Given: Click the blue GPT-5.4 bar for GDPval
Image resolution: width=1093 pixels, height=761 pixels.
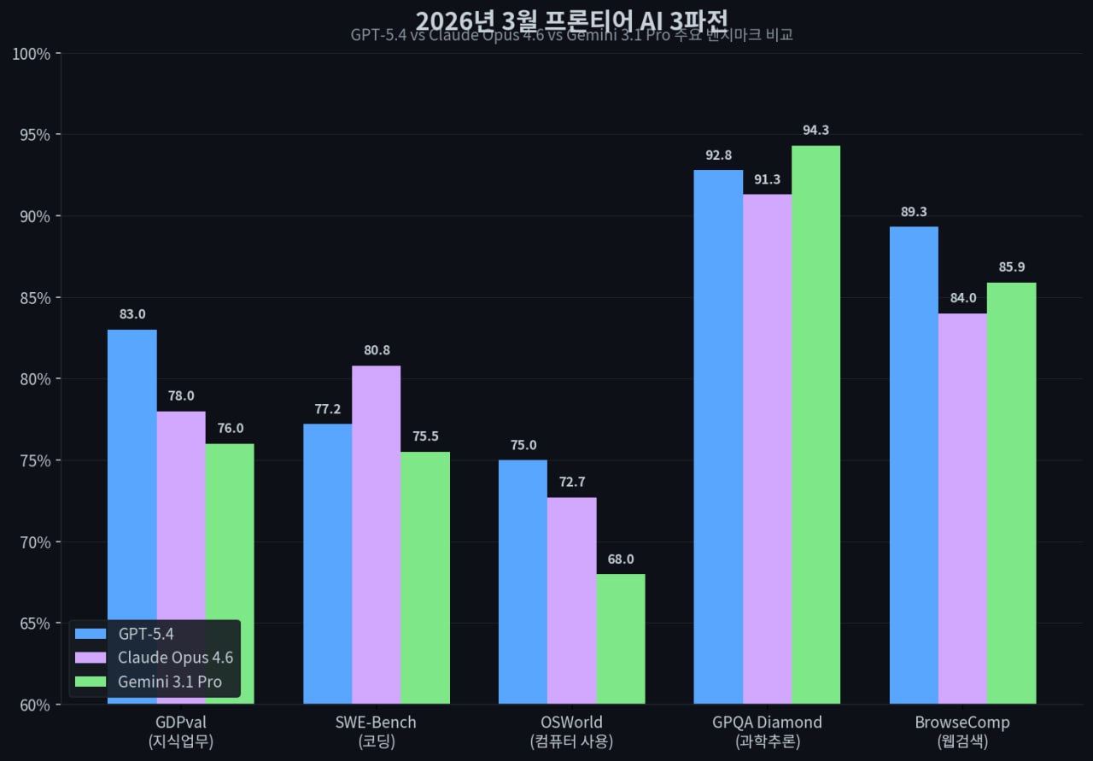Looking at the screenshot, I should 132,470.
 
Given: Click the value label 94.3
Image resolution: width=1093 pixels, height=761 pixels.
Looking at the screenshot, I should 815,131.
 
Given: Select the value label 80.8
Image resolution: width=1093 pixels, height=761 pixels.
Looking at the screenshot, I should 376,350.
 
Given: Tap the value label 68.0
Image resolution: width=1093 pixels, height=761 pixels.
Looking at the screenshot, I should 621,559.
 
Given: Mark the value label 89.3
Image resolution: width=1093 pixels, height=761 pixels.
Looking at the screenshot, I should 914,212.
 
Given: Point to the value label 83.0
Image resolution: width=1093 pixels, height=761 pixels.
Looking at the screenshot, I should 132,314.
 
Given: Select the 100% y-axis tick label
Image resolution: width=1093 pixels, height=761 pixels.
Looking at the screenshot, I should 31,54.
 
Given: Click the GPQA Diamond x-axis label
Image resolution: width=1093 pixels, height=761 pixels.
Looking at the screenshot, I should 767,723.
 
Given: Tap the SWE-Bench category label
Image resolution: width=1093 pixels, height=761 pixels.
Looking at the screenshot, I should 376,723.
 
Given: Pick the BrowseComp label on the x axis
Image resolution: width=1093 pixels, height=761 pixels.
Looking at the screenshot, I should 962,723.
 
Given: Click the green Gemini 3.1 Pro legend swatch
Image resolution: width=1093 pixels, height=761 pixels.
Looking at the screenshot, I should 91,682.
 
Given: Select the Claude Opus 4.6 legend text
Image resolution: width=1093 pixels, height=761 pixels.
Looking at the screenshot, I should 175,658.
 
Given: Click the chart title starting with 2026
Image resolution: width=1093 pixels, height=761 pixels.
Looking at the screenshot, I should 571,18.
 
